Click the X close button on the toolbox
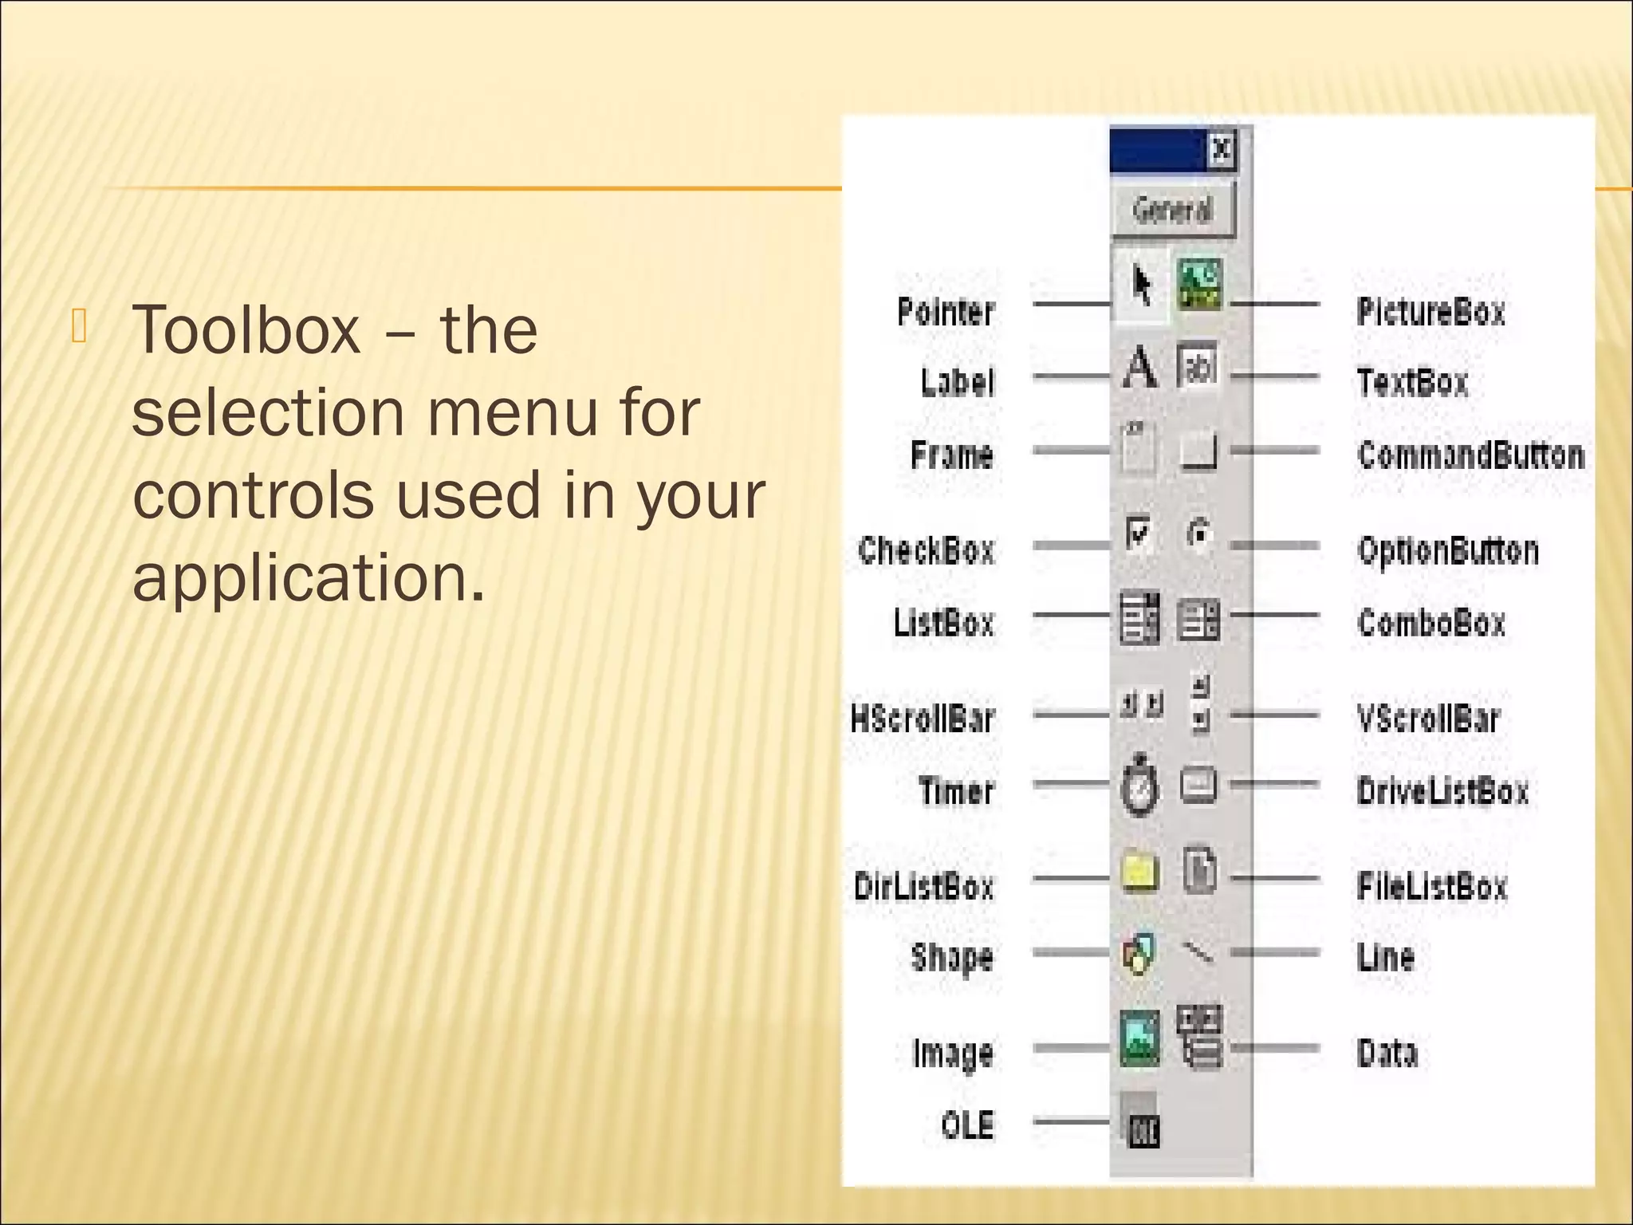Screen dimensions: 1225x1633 click(1221, 149)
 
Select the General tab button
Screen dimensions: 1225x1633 click(1172, 210)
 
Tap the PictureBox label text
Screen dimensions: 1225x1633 click(1431, 311)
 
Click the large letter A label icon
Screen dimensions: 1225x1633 click(1139, 368)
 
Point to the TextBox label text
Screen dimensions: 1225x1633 click(1412, 382)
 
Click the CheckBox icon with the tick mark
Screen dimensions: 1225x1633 click(1139, 533)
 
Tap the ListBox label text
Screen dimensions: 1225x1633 click(943, 622)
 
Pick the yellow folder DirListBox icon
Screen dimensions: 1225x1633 click(1139, 872)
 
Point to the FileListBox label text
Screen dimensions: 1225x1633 click(1432, 886)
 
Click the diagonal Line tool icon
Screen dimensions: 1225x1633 click(1198, 951)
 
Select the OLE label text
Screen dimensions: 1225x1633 click(967, 1125)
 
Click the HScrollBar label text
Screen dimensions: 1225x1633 click(923, 718)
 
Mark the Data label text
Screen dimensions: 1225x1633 click(1387, 1053)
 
